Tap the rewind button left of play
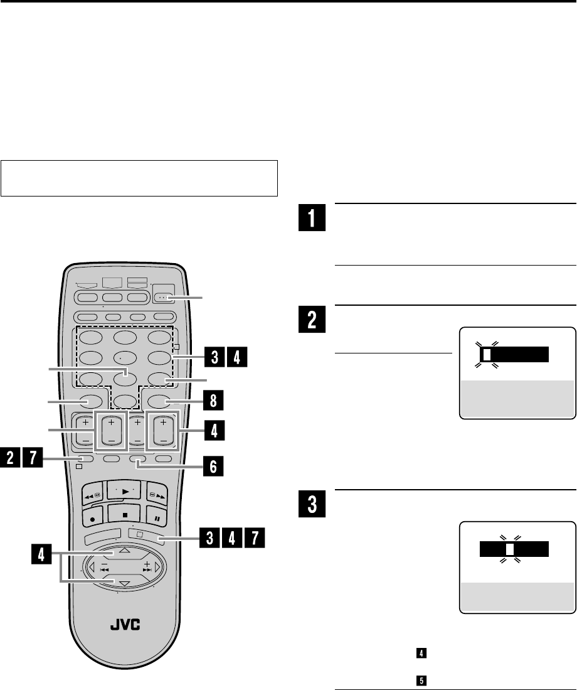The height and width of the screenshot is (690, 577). (x=92, y=492)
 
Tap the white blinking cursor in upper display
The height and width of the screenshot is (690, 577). (x=487, y=355)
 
